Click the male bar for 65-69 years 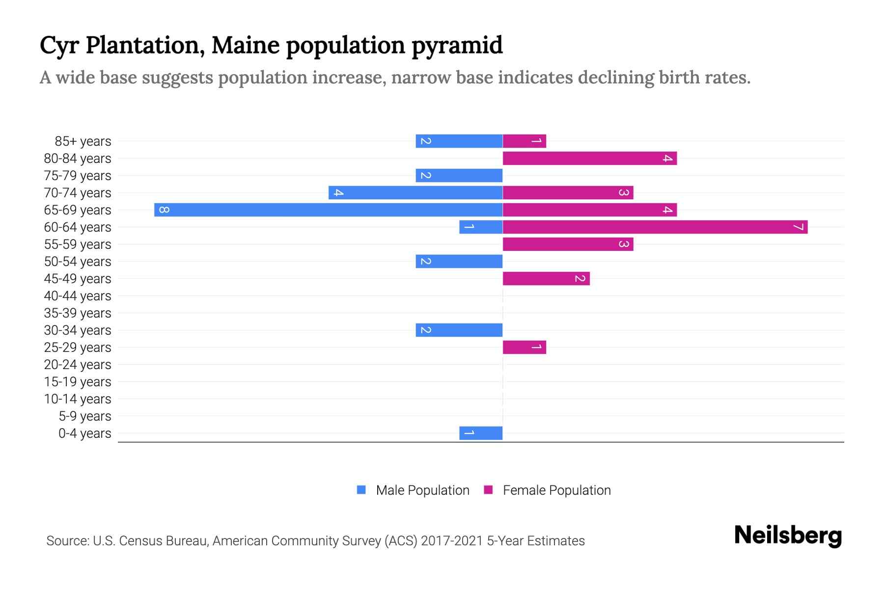[x=328, y=210]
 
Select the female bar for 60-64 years [x=655, y=227]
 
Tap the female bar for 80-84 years [x=589, y=159]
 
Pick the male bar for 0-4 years [x=481, y=433]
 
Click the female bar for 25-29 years [x=524, y=348]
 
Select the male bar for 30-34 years [x=459, y=330]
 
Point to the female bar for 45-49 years [x=546, y=279]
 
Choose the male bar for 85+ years [x=459, y=141]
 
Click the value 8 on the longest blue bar [x=165, y=210]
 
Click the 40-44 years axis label [x=78, y=296]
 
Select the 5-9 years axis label [x=85, y=416]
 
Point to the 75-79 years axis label [x=78, y=176]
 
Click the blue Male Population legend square [x=361, y=490]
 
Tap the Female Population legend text [x=556, y=490]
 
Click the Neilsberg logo [x=788, y=535]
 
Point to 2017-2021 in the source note [x=452, y=541]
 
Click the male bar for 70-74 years [x=415, y=193]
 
